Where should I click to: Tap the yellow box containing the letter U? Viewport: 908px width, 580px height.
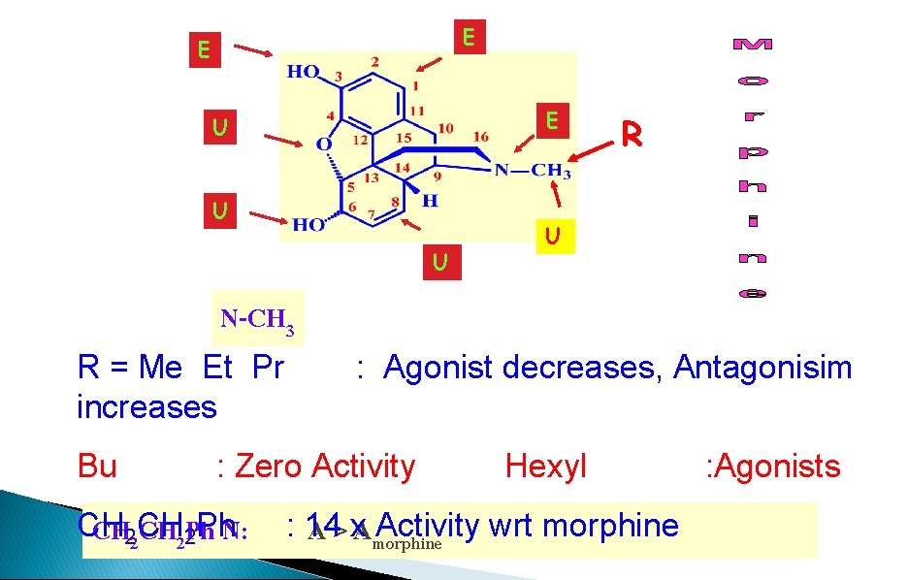[x=551, y=236]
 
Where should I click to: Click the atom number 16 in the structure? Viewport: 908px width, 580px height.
[x=480, y=137]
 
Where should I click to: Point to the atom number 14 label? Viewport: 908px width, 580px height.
[x=402, y=167]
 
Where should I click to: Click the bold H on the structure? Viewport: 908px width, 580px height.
[x=430, y=201]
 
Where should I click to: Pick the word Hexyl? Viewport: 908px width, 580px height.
[x=545, y=467]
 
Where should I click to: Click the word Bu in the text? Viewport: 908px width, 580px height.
[x=97, y=467]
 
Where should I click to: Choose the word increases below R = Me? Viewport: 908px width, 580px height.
[x=146, y=406]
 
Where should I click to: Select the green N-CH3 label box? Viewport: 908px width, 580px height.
[x=257, y=319]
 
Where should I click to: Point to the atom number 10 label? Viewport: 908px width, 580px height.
[x=445, y=128]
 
